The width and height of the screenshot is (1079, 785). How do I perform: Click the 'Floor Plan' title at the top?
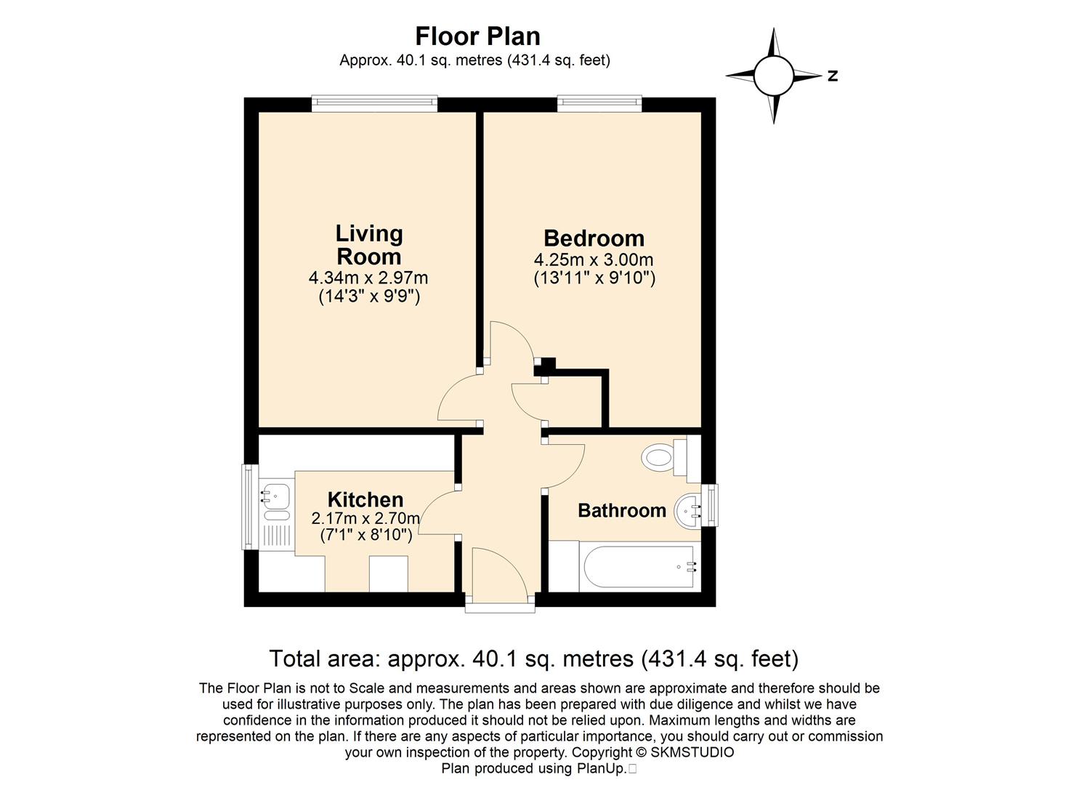point(477,36)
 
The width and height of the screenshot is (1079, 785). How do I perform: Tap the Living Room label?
point(369,245)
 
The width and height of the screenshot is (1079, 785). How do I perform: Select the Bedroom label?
point(594,238)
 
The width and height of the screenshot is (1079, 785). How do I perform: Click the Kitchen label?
point(365,499)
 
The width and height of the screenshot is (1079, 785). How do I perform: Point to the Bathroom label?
point(622,510)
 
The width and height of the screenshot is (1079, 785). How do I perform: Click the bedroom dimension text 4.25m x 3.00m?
point(594,259)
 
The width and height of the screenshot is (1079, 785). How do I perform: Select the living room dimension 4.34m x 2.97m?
point(368,278)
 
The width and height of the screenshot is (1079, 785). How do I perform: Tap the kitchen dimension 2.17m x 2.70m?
point(365,518)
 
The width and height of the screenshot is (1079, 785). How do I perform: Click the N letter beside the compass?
point(833,76)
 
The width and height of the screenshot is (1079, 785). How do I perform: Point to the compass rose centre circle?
point(773,76)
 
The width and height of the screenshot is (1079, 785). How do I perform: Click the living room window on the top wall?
point(374,104)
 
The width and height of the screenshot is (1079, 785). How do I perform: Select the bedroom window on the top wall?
point(599,104)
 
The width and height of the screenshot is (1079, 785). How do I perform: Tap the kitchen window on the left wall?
point(249,507)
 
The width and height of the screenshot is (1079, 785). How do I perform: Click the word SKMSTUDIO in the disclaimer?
point(692,752)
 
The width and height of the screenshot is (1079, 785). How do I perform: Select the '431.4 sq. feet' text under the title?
point(560,60)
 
